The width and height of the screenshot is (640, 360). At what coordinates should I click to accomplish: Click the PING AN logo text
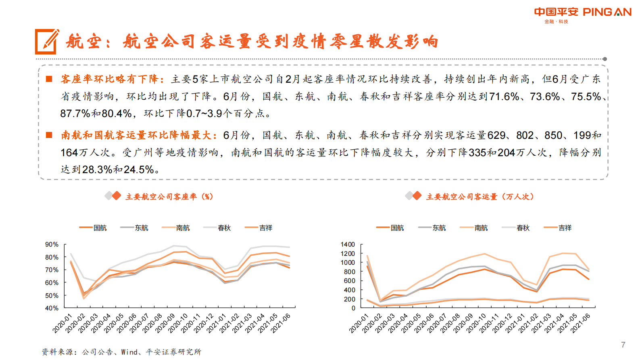[607, 12]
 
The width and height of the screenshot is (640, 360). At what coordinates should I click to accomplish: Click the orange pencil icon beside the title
[47, 41]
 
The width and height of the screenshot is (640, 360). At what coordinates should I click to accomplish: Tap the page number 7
[623, 345]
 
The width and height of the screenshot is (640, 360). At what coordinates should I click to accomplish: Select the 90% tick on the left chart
[52, 245]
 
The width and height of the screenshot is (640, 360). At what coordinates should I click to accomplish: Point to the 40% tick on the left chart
[52, 308]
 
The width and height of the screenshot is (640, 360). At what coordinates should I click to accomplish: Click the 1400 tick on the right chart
[348, 245]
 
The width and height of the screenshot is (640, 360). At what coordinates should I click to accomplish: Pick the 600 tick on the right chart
[349, 281]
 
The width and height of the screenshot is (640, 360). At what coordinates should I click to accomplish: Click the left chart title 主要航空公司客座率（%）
[169, 197]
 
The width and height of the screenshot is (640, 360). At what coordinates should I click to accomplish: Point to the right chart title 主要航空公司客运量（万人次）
[480, 197]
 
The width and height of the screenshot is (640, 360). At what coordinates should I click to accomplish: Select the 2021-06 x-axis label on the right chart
[580, 323]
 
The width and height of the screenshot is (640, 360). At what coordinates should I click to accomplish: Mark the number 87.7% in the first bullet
[75, 114]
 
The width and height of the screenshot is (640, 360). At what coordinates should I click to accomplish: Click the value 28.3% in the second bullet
[97, 170]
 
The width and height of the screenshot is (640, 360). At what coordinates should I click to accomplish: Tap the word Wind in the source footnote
[129, 352]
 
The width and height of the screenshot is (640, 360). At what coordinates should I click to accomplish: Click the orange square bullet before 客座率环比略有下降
[49, 79]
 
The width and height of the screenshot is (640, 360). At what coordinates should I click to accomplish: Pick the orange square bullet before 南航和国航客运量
[49, 135]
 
